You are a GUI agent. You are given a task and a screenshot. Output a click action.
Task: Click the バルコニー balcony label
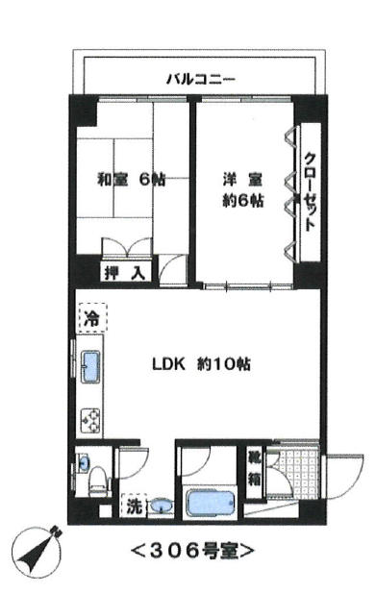(x=201, y=80)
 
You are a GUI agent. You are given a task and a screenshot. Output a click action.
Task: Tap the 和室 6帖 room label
(x=131, y=180)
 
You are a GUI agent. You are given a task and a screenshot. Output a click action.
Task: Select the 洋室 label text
(x=242, y=180)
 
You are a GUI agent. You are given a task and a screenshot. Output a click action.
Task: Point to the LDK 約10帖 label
(x=201, y=364)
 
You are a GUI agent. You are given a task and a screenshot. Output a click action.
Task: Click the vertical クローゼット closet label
(x=311, y=191)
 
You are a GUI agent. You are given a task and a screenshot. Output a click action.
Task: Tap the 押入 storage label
(x=125, y=273)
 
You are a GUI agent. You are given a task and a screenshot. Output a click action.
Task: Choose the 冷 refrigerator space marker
(x=91, y=318)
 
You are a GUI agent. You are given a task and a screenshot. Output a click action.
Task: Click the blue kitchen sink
(x=91, y=366)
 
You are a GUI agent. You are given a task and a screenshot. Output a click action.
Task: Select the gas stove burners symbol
(x=91, y=421)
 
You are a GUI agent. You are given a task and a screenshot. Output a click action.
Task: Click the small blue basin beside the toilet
(x=84, y=461)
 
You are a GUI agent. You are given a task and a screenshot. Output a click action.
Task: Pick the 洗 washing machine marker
(x=134, y=506)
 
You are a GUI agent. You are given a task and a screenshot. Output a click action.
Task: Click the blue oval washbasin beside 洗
(x=163, y=506)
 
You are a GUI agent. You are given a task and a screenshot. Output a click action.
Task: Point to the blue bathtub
(x=211, y=504)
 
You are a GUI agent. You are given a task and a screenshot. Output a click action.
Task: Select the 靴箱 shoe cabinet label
(x=254, y=473)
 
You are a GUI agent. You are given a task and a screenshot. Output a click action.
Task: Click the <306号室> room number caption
(x=192, y=551)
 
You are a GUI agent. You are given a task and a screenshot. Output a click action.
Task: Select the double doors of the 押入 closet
(x=127, y=247)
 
